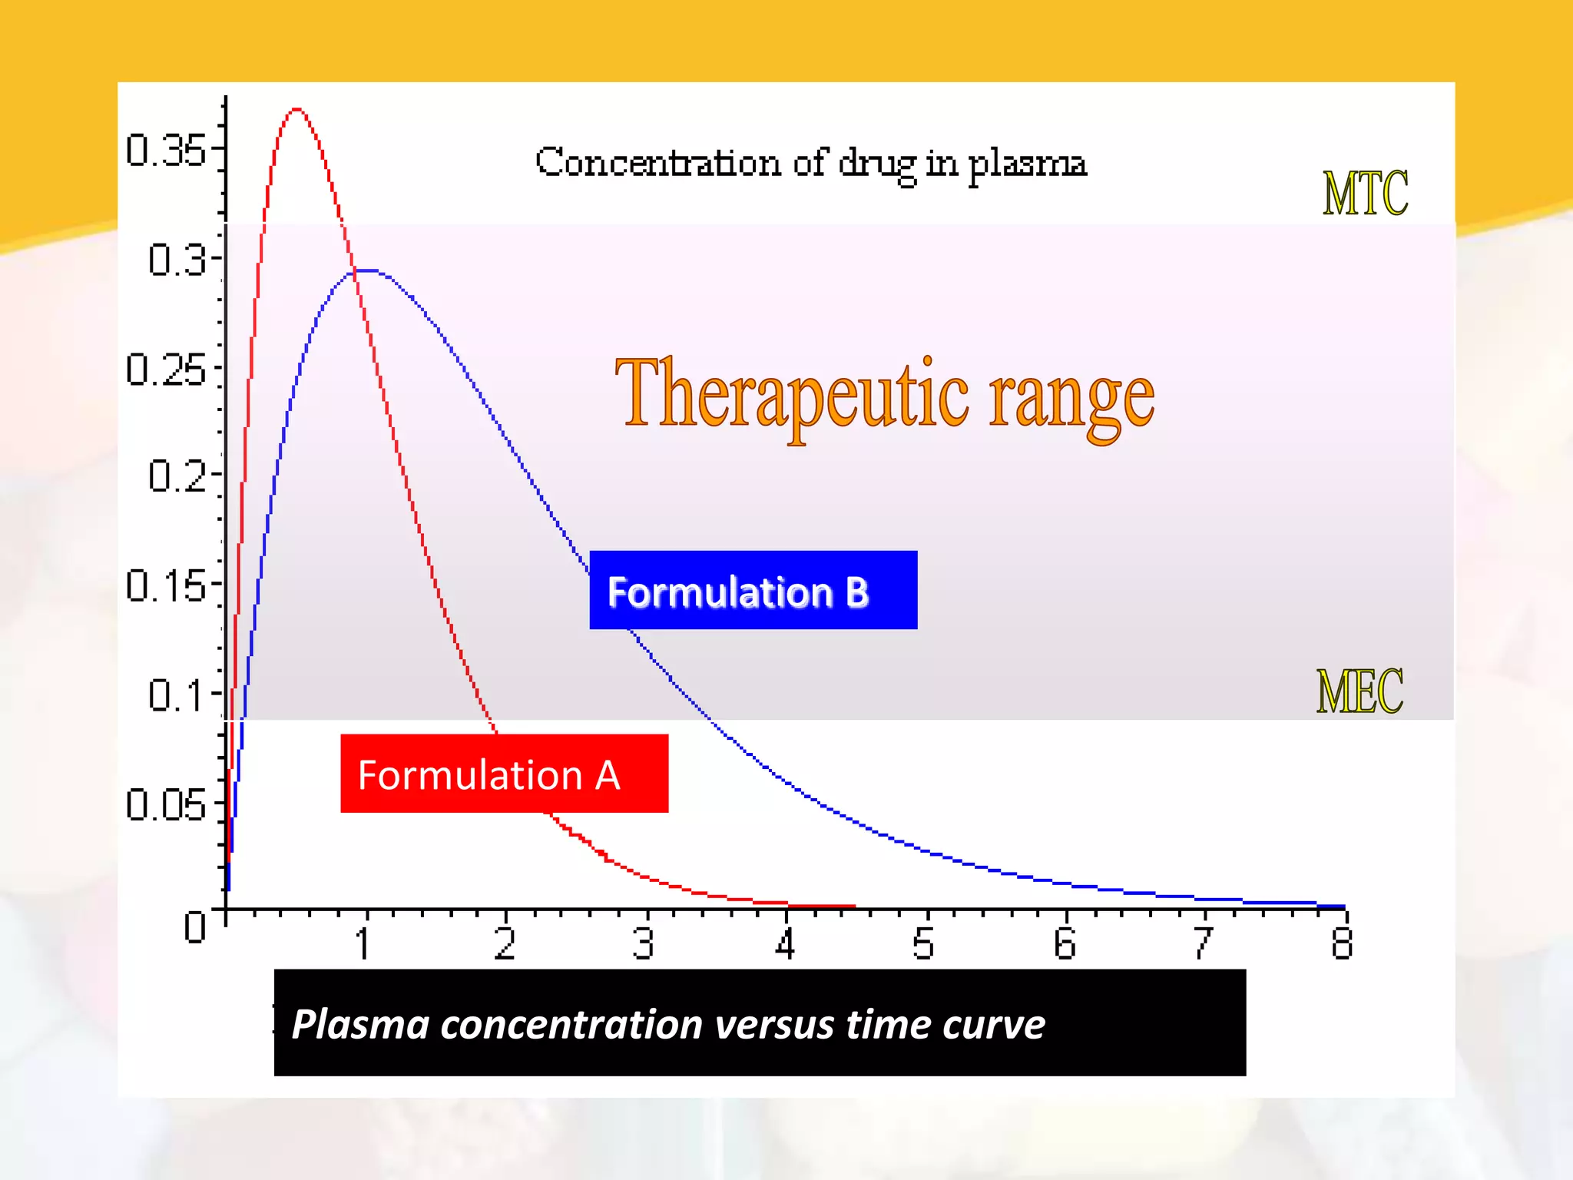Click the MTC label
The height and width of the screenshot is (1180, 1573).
(x=1365, y=193)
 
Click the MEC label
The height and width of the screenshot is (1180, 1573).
(x=1359, y=691)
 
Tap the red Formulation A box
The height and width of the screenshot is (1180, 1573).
(x=504, y=774)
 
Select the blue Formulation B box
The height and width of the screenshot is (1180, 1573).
(x=753, y=590)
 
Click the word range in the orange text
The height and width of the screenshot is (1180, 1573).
(x=1071, y=399)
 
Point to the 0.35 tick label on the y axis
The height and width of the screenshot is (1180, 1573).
(x=165, y=150)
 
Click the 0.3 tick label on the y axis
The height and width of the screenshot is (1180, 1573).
(x=177, y=259)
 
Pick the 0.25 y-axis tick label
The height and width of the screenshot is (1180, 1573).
(x=165, y=370)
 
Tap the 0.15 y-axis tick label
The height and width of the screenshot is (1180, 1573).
(x=165, y=586)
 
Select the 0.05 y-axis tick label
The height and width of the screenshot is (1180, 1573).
(x=165, y=806)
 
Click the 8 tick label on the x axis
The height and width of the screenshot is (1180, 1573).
(x=1342, y=943)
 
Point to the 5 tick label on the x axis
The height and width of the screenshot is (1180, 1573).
(x=923, y=943)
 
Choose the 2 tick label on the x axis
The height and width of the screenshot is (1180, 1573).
(x=505, y=943)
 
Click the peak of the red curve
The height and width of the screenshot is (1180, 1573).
(x=297, y=110)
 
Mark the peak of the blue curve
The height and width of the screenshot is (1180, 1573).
(x=367, y=270)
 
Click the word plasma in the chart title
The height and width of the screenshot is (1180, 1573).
(x=1026, y=165)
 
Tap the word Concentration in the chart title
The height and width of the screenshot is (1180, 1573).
(x=658, y=162)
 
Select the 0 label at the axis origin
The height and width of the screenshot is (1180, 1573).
(x=195, y=926)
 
